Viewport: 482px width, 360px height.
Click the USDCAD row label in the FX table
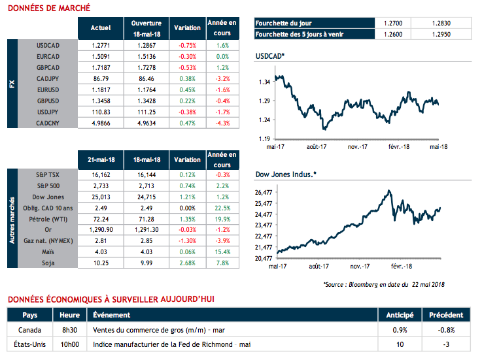[49, 46]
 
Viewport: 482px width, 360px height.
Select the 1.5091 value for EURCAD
[99, 57]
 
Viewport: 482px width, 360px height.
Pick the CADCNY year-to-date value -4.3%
[221, 122]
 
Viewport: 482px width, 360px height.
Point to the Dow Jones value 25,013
[99, 197]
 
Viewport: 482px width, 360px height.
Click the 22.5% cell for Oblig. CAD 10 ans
[221, 208]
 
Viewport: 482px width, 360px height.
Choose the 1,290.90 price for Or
[99, 230]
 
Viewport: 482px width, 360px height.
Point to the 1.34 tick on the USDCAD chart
[265, 82]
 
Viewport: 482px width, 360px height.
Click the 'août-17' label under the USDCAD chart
[317, 148]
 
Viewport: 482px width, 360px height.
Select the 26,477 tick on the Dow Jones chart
[262, 193]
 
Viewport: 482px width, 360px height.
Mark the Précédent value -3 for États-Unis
[447, 344]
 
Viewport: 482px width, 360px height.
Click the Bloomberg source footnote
[384, 285]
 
